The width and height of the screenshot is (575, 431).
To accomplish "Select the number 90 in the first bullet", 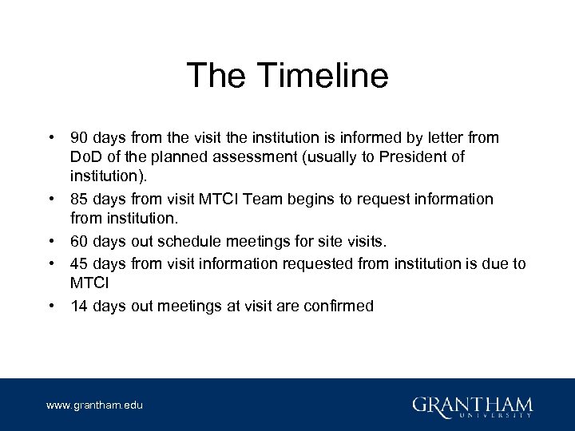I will pos(80,138).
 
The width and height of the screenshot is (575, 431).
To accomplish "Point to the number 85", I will pos(80,199).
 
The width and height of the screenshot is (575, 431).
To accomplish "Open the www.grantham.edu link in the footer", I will pos(95,405).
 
